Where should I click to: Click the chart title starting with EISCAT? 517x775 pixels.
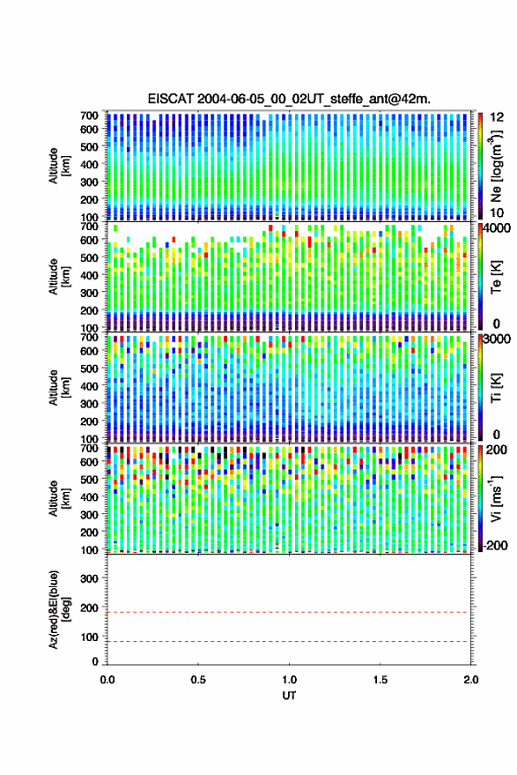(289, 99)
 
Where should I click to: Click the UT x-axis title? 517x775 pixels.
(289, 696)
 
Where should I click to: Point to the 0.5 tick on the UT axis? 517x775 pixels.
(198, 680)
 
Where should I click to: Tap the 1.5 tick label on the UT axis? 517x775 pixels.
(380, 680)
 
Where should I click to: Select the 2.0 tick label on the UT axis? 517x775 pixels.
(470, 680)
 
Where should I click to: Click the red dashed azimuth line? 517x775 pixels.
(289, 612)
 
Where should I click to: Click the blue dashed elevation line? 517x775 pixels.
(289, 642)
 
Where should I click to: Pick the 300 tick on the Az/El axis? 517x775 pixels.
(89, 578)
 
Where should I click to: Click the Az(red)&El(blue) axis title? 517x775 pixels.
(60, 609)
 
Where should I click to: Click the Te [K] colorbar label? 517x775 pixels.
(496, 277)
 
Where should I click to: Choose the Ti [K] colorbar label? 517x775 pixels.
(496, 388)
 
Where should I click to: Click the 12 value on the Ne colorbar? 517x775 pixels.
(497, 117)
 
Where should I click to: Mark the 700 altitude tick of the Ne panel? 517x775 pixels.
(89, 116)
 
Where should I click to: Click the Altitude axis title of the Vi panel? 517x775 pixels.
(59, 498)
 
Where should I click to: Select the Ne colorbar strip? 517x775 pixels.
(481, 166)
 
